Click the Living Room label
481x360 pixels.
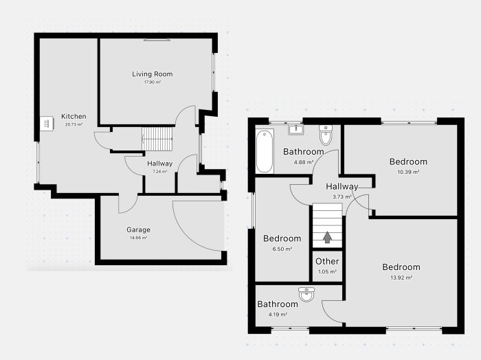point(152,74)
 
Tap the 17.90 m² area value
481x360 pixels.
point(153,82)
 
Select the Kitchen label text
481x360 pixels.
point(74,116)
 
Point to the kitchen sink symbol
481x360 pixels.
point(47,123)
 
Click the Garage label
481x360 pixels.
point(138,229)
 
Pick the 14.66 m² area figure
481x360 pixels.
point(138,238)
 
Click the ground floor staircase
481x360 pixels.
point(157,139)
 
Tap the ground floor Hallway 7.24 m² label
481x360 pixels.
point(160,167)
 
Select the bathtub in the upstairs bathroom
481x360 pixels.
point(265,151)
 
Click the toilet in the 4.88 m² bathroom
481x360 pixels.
point(325,134)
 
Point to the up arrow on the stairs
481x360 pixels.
point(327,237)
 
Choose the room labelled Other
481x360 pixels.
point(327,261)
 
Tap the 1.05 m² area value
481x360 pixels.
point(327,271)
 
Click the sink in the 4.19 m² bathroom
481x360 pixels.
point(306,294)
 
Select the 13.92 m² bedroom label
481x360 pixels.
point(401,267)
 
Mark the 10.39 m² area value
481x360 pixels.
point(408,172)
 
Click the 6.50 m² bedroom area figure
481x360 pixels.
point(282,249)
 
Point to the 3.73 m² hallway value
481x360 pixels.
point(342,197)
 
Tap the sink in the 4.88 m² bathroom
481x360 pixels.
point(296,130)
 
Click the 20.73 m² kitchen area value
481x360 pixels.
point(74,124)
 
